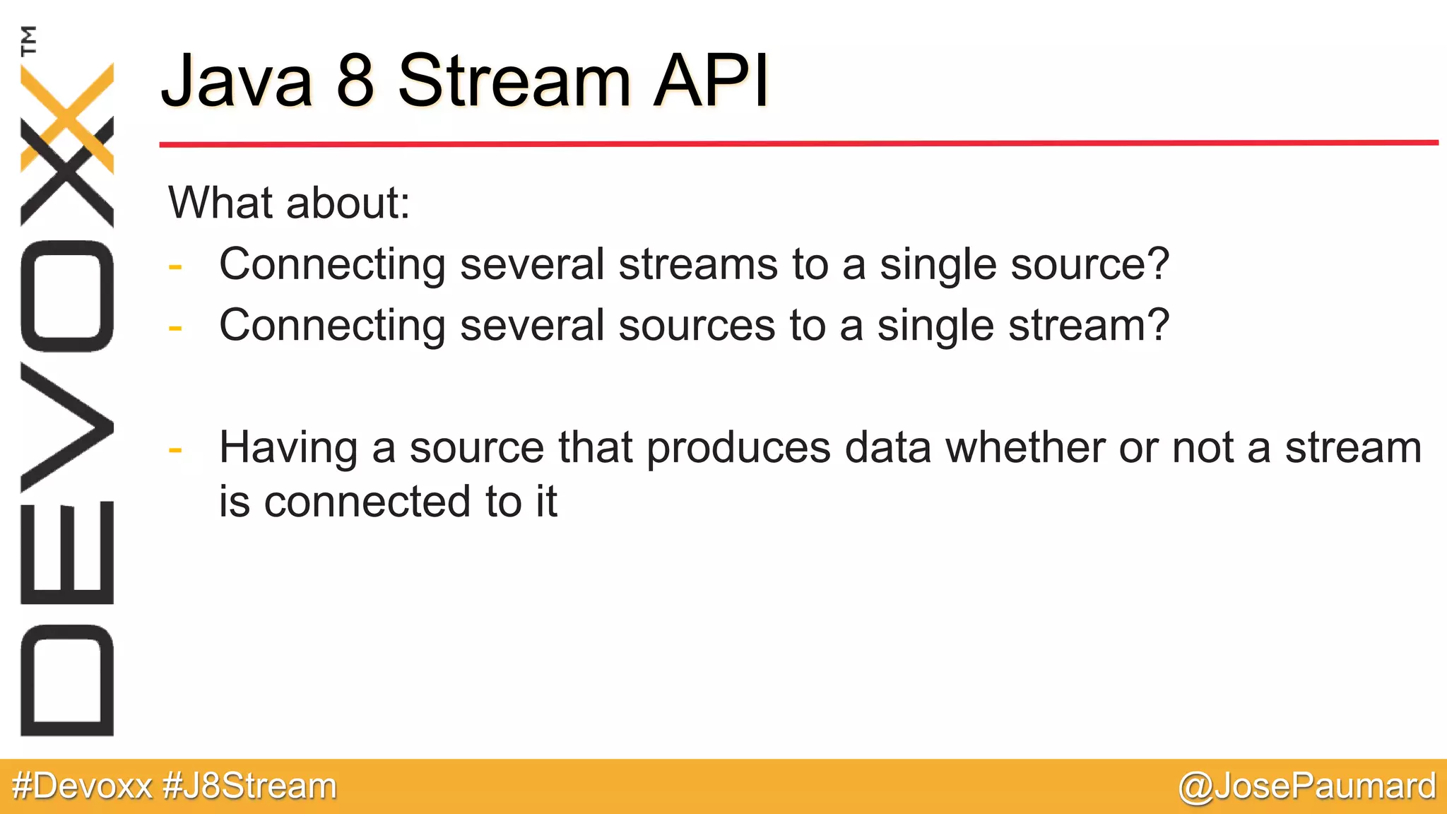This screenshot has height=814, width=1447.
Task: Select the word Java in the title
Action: (x=237, y=81)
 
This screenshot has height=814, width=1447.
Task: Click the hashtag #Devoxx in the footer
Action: (x=83, y=786)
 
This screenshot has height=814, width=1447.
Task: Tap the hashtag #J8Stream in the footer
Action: (x=249, y=786)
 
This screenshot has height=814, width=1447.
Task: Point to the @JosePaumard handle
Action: (x=1307, y=786)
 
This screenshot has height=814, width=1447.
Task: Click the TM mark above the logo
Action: (x=28, y=40)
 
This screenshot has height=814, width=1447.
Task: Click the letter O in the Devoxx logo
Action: (x=67, y=295)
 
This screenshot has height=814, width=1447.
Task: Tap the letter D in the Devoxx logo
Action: (x=67, y=680)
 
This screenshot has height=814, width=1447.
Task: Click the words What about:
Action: (x=289, y=203)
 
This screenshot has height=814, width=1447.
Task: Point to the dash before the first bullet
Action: (x=175, y=267)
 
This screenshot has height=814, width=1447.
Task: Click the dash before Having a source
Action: (x=175, y=450)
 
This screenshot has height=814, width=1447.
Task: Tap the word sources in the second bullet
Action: (x=697, y=326)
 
